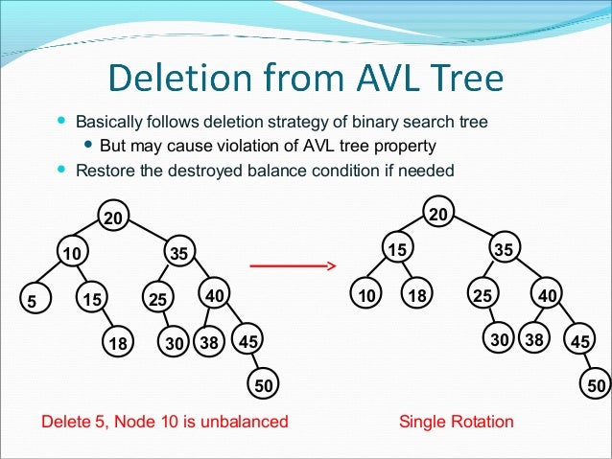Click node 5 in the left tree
point(32,301)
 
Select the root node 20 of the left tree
point(114,218)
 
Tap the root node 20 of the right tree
point(436,215)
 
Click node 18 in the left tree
point(118,342)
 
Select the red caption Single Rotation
point(456,422)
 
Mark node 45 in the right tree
point(580,341)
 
